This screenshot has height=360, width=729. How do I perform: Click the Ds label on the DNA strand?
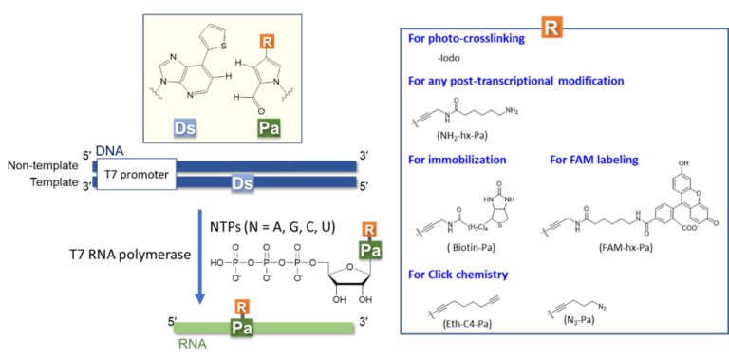pyautogui.click(x=242, y=182)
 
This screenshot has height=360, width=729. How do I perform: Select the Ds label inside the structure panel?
pyautogui.click(x=185, y=127)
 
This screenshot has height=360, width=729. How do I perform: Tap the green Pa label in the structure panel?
pyautogui.click(x=269, y=127)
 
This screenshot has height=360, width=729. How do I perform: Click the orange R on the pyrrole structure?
pyautogui.click(x=268, y=42)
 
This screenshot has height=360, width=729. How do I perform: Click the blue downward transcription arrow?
pyautogui.click(x=200, y=256)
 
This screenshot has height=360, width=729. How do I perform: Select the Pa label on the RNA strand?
pyautogui.click(x=242, y=327)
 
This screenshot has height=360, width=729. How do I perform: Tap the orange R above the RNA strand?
pyautogui.click(x=242, y=307)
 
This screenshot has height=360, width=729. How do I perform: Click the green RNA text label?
pyautogui.click(x=192, y=344)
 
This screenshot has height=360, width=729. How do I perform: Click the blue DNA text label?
pyautogui.click(x=109, y=151)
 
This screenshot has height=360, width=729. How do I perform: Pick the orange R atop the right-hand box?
pyautogui.click(x=551, y=28)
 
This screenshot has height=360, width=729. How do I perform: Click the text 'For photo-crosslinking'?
pyautogui.click(x=466, y=39)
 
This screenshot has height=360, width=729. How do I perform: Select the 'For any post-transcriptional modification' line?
pyautogui.click(x=515, y=81)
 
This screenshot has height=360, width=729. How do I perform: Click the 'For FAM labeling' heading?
pyautogui.click(x=594, y=160)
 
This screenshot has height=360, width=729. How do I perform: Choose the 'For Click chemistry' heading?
pyautogui.click(x=458, y=275)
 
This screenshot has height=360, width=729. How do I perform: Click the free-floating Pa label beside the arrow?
pyautogui.click(x=370, y=250)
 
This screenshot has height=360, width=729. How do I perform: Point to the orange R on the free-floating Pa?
pyautogui.click(x=369, y=229)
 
